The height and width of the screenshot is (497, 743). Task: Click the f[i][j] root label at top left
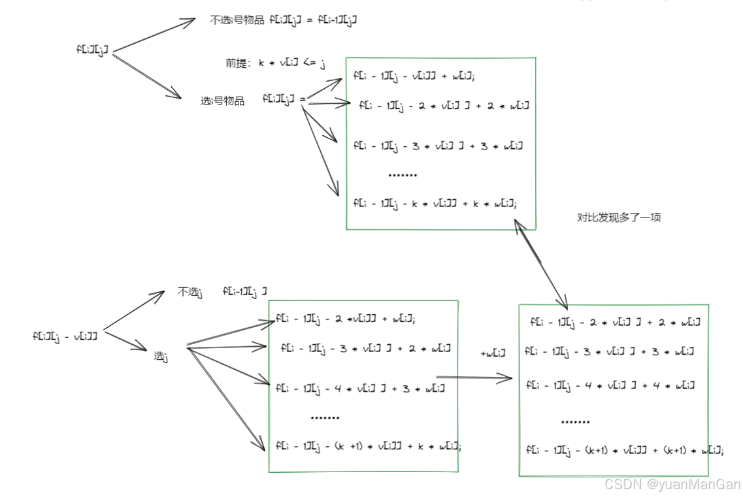pos(91,50)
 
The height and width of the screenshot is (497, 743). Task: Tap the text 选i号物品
pos(222,101)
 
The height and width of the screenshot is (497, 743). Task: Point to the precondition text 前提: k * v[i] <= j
pos(275,63)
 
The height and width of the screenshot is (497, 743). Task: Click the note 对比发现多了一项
pos(619,217)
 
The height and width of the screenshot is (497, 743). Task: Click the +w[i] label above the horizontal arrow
pos(493,353)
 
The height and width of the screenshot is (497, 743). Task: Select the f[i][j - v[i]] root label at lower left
pos(65,336)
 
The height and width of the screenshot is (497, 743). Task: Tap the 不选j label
pos(190,292)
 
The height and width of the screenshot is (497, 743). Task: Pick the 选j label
pos(161,356)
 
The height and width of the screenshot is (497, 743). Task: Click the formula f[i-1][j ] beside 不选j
pos(244,291)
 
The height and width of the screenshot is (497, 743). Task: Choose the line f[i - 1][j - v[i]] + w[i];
pos(414,76)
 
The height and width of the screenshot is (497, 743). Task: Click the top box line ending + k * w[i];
pos(435,203)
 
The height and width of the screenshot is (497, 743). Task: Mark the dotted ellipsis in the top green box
pos(402,175)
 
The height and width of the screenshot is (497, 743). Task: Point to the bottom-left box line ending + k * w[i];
pos(369,447)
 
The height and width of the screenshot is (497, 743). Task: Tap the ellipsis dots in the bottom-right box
pos(575,422)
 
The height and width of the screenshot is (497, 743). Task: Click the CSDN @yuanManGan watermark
pos(672,484)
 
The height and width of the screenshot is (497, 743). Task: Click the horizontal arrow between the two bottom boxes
pos(474,377)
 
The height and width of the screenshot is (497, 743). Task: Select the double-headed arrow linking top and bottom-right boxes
pos(541,264)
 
